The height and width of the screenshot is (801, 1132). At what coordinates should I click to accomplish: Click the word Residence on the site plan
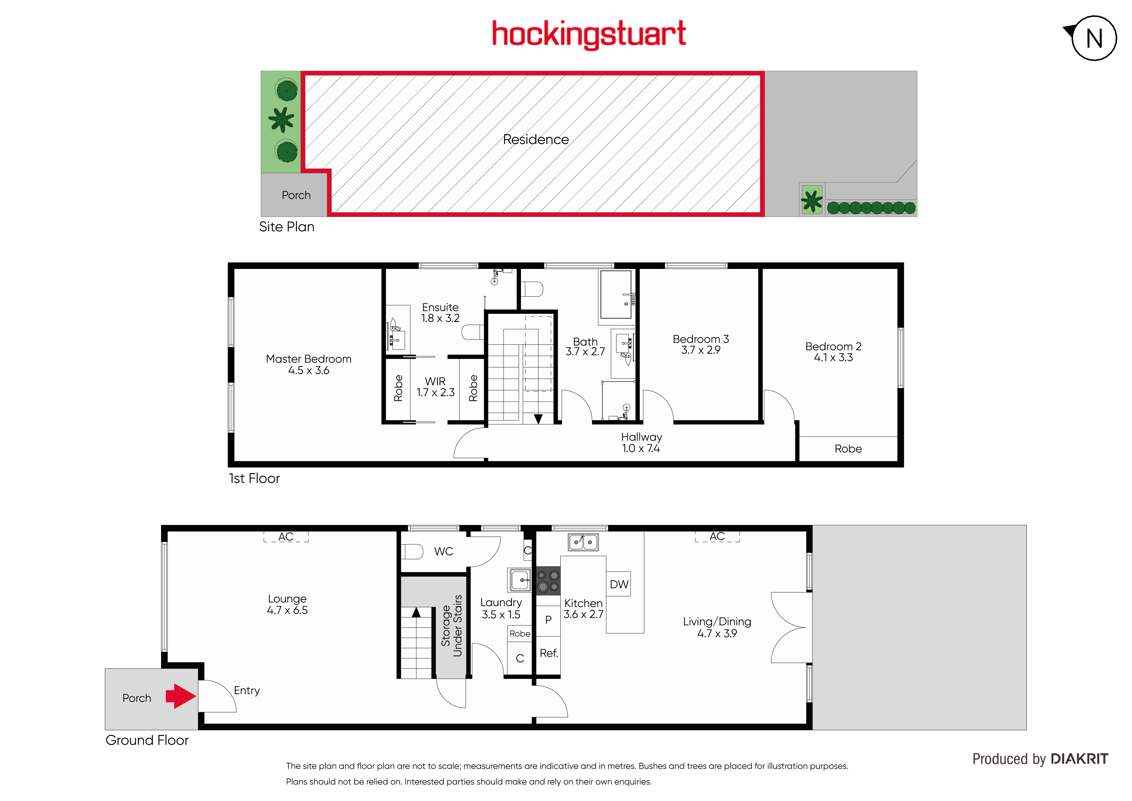(536, 139)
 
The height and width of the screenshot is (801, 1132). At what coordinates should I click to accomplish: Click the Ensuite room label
(440, 307)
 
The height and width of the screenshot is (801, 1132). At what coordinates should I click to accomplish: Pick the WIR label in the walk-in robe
(435, 381)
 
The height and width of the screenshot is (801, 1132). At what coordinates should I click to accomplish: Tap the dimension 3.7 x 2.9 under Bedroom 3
(700, 350)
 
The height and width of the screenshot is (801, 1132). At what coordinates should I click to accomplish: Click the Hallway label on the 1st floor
(641, 437)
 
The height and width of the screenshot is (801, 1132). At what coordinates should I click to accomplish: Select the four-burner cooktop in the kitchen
(548, 580)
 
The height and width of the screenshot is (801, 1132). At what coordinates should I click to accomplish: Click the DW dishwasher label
(619, 584)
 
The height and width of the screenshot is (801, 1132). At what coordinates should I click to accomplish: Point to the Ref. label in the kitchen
(549, 653)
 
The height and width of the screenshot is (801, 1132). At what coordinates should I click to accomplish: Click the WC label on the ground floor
(444, 551)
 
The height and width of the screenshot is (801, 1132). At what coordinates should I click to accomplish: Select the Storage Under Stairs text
(452, 625)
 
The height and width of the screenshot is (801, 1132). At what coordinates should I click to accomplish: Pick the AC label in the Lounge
(286, 537)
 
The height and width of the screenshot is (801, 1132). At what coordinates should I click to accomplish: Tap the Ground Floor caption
(147, 740)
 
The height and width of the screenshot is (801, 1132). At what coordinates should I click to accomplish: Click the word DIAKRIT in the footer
(1079, 759)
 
